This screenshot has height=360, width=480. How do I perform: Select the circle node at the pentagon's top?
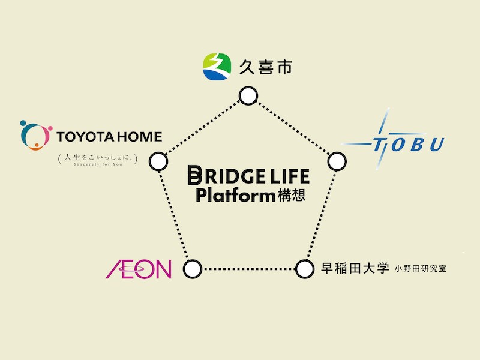248,96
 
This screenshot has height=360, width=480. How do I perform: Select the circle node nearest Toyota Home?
158,161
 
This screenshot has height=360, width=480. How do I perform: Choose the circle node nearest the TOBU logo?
337,161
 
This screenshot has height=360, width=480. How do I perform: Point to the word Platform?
235,195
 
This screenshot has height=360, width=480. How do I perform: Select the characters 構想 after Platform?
292,196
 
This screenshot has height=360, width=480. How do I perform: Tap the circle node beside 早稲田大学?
305,269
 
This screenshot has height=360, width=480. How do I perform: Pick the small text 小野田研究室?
421,270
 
